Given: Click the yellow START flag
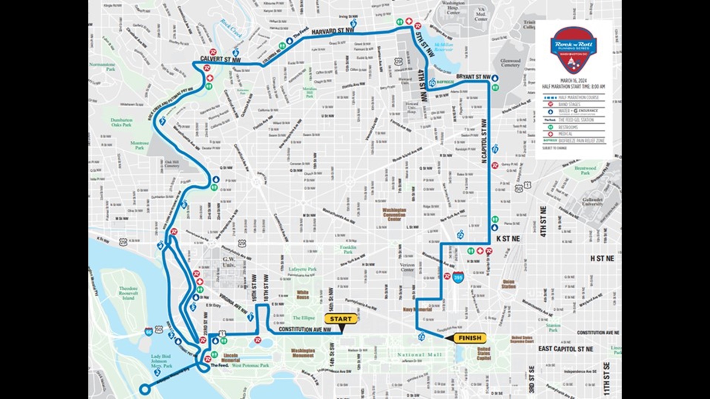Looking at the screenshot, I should pyautogui.click(x=341, y=319).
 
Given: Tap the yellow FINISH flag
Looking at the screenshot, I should pyautogui.click(x=470, y=338).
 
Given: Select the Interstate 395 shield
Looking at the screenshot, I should pyautogui.click(x=458, y=277).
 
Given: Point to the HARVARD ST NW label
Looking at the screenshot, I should pyautogui.click(x=333, y=32).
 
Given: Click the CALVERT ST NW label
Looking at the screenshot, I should pyautogui.click(x=220, y=59).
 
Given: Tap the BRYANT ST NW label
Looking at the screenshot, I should pyautogui.click(x=473, y=77).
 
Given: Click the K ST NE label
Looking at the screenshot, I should pyautogui.click(x=508, y=239).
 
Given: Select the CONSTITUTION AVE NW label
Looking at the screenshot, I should pyautogui.click(x=305, y=329).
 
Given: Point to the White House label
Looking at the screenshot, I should pyautogui.click(x=302, y=294).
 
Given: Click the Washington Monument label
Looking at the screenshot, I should pyautogui.click(x=303, y=353).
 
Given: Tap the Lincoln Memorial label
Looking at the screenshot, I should pyautogui.click(x=231, y=358).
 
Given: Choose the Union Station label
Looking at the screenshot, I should pyautogui.click(x=508, y=284).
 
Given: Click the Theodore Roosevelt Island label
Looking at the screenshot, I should pyautogui.click(x=128, y=293).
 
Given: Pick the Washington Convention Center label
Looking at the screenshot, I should pyautogui.click(x=394, y=214).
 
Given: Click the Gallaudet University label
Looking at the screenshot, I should pyautogui.click(x=592, y=202).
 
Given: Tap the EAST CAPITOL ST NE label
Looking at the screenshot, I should pyautogui.click(x=565, y=349).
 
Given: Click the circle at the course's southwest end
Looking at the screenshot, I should pyautogui.click(x=144, y=389).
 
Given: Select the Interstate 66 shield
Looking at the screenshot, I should pyautogui.click(x=149, y=330).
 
